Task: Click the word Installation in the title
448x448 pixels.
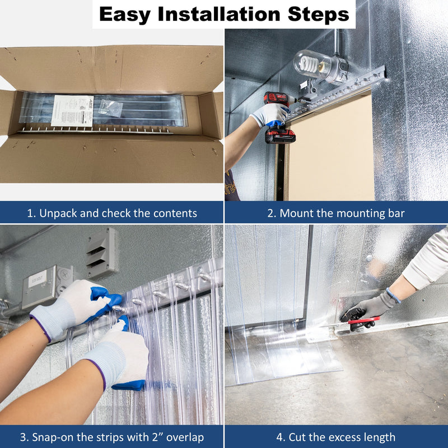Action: (x=219, y=14)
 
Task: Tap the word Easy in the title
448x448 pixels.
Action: (x=124, y=15)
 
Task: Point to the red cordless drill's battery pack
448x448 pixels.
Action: (x=280, y=136)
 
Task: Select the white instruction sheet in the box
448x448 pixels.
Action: (x=72, y=111)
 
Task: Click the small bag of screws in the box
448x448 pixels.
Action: (x=110, y=108)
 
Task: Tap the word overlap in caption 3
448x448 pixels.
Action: (x=185, y=437)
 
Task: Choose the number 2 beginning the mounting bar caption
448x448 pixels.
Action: (x=270, y=213)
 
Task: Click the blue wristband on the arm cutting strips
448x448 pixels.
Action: (x=393, y=295)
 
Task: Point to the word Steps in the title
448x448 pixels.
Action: (x=318, y=15)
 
